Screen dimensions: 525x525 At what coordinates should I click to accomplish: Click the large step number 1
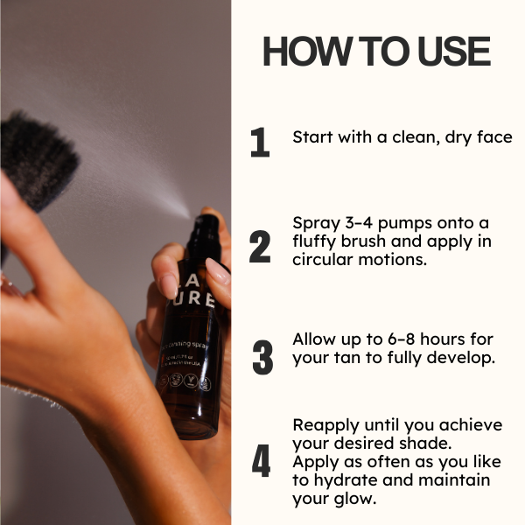260,143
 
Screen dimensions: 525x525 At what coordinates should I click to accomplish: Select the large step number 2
260,248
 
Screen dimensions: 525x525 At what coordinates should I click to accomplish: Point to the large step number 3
262,358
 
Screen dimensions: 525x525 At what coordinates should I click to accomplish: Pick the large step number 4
261,462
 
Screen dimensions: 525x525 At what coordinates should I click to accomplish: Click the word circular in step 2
323,259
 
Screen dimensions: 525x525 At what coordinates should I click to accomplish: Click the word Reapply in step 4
325,424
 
